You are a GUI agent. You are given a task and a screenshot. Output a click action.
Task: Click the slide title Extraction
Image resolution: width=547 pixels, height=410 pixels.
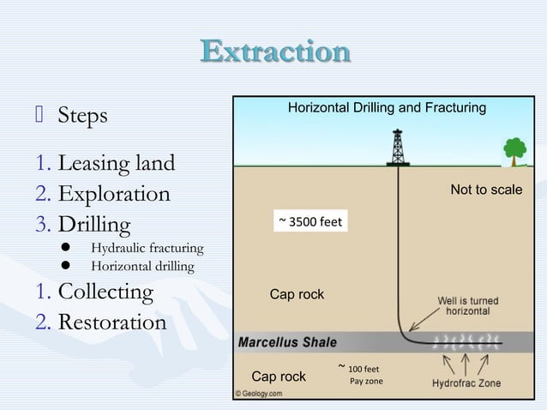point(275,51)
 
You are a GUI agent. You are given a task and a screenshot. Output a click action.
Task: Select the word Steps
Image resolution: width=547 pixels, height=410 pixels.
point(82,115)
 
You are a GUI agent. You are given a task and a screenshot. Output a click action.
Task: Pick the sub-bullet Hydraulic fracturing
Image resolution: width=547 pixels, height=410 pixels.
point(147,249)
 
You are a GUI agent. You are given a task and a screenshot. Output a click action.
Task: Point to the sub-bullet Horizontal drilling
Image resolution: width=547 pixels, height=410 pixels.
point(142,267)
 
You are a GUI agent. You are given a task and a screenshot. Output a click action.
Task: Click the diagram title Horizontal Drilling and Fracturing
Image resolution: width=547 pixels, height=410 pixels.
point(386,108)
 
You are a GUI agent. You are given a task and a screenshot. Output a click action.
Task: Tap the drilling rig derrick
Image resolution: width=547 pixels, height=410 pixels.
point(398,147)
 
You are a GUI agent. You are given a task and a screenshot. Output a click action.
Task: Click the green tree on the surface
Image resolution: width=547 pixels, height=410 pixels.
point(514,150)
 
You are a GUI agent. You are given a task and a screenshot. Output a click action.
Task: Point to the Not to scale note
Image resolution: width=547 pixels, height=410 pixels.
point(486,190)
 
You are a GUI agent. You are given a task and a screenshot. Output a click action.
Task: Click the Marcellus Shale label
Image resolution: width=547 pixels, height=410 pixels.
point(281,342)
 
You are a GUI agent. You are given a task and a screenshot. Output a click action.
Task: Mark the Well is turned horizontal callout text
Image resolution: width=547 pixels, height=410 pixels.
point(468,306)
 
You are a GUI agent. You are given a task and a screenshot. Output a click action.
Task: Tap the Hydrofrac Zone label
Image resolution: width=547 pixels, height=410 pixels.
point(466,383)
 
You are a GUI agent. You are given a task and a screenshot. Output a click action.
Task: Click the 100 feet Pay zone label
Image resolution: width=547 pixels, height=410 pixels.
point(364,375)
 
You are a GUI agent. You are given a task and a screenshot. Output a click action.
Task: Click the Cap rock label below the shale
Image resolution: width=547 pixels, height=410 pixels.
point(279,377)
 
